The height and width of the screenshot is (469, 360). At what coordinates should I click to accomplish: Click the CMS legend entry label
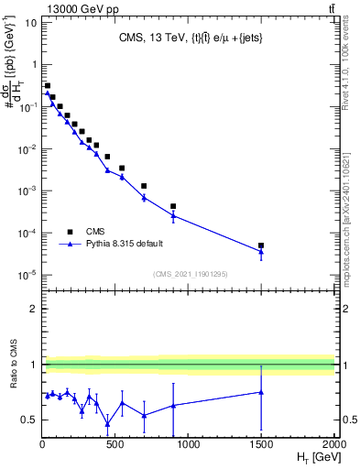coord(95,231)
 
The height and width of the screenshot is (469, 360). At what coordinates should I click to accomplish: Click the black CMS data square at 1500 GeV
coord(261,245)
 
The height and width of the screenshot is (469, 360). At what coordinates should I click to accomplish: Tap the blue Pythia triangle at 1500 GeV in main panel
coord(261,252)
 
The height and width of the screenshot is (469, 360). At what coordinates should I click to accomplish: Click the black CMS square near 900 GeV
coord(173,206)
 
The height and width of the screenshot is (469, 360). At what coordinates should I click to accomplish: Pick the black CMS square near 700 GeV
coord(144,186)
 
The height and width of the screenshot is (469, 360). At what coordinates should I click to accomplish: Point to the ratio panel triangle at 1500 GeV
coord(261,392)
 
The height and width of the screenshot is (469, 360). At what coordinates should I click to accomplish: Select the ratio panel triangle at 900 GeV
coord(173,405)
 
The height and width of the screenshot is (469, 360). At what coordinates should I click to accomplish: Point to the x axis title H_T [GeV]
coord(312,456)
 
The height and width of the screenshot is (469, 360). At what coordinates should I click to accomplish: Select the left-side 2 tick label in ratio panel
coord(34,309)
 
